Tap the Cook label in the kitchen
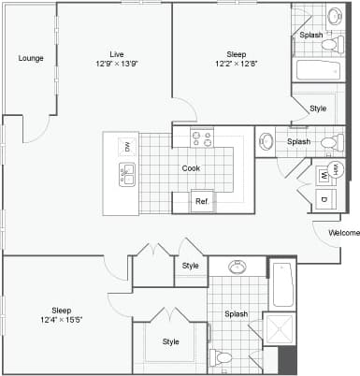tap(191, 168)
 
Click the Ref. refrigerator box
tap(201, 201)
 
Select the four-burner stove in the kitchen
tap(202, 138)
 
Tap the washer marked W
tap(324, 175)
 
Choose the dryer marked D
tap(324, 199)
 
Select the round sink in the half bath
tap(266, 142)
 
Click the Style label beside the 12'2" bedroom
tap(318, 108)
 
